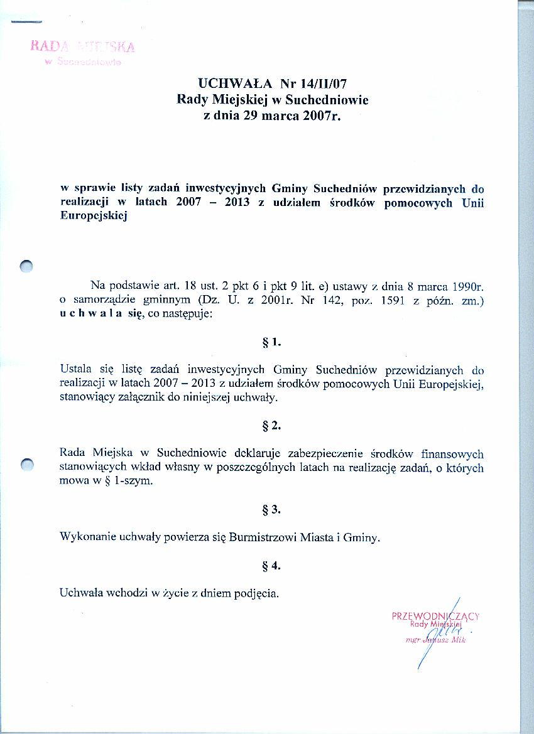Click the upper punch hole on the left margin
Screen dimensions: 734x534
(x=26, y=266)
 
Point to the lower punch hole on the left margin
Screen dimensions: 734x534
(x=26, y=465)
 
